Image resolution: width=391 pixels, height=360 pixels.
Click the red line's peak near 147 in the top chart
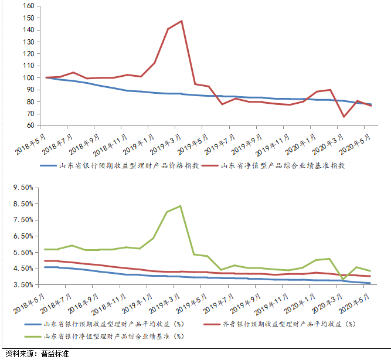(182, 21)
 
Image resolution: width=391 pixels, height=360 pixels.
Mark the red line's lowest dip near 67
(344, 117)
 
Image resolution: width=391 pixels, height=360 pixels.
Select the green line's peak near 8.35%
(180, 206)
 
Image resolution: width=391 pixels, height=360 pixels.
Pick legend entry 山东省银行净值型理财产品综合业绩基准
(114, 337)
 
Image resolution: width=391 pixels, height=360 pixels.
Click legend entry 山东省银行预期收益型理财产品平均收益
(114, 324)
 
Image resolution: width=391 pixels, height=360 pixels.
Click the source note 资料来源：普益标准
(37, 354)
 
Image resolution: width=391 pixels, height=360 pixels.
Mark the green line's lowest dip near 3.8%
(344, 279)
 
